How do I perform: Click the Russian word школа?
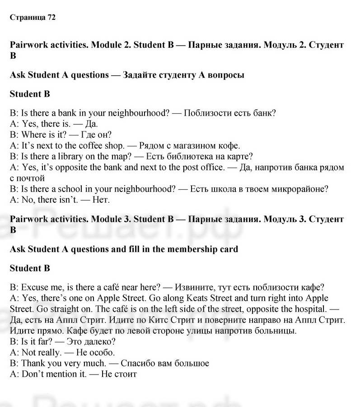222,189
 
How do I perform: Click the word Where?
33,135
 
